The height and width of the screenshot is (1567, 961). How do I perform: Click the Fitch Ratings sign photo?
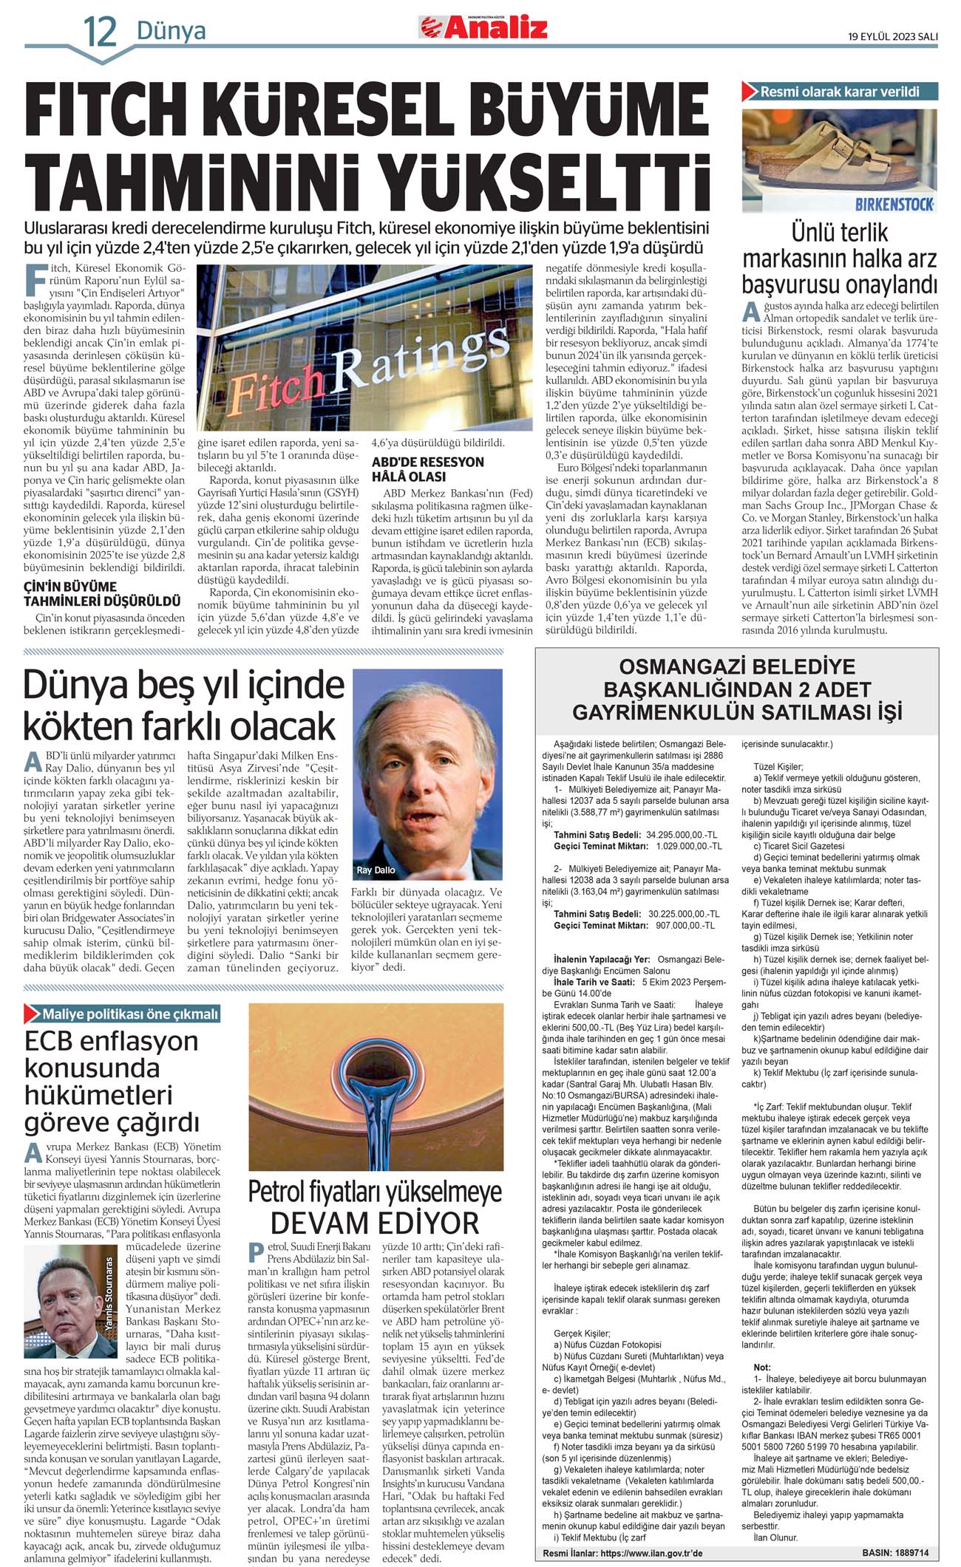(365, 347)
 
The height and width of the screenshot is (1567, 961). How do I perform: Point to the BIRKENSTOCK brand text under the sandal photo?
(894, 204)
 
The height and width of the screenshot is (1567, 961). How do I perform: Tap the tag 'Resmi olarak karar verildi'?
(839, 92)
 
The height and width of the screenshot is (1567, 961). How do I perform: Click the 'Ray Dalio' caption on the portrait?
(376, 870)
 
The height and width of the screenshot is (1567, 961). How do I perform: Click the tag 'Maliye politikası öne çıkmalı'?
(129, 1014)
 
